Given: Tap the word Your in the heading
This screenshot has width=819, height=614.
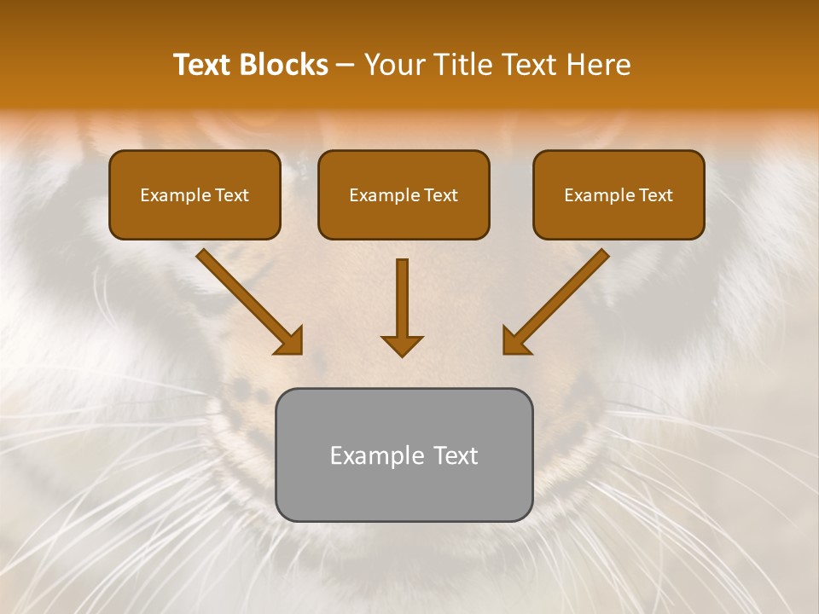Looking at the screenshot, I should click(395, 65).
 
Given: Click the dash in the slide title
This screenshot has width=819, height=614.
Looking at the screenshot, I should click(346, 66).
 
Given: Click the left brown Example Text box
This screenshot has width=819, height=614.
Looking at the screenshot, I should click(195, 194).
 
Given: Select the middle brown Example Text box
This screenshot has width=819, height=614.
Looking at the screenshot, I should click(404, 194).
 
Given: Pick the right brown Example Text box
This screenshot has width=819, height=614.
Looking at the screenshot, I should click(619, 194).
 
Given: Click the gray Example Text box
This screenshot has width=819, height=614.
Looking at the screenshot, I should click(404, 455).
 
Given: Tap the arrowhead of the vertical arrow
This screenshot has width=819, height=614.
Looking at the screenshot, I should click(402, 345).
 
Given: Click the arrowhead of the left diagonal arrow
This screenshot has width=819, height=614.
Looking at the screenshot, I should click(290, 341).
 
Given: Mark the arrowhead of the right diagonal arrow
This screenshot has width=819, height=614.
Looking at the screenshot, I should click(515, 341).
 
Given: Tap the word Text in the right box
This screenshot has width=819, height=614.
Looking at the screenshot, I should click(655, 195).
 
